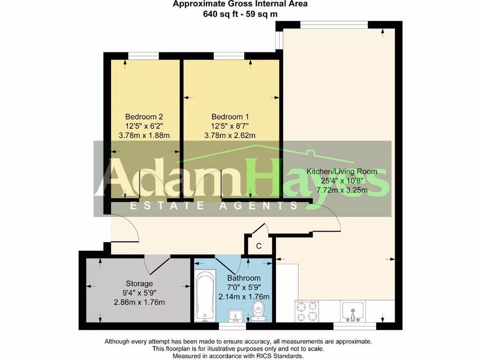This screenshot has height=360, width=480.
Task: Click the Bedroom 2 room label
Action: [144, 117]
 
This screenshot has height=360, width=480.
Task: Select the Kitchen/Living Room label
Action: [341, 172]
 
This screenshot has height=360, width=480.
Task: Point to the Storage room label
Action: [139, 284]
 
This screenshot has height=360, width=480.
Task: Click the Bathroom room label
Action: [244, 278]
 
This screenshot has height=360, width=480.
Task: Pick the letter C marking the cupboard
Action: [258, 246]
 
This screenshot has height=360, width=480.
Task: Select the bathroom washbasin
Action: [235, 315]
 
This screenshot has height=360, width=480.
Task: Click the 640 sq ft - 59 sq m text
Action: [240, 14]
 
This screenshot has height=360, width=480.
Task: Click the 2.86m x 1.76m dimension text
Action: [139, 302]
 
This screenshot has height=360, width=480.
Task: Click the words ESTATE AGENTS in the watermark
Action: [214, 205]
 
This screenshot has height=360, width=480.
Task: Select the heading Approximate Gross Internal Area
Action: [240, 4]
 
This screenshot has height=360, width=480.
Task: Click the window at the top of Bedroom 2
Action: [143, 56]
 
